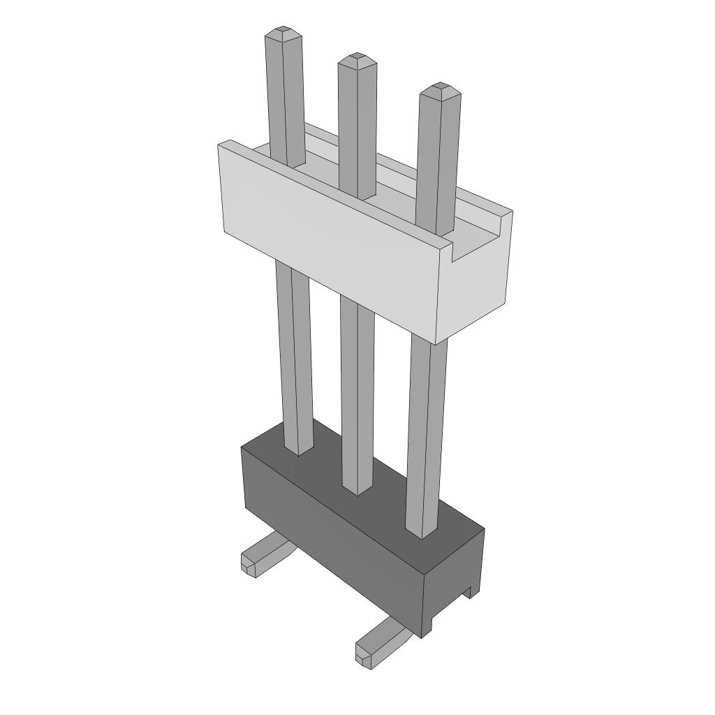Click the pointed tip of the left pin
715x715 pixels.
click(283, 31)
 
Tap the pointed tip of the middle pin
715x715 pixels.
click(357, 56)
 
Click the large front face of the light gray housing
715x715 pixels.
click(328, 237)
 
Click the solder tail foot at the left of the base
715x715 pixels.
click(262, 555)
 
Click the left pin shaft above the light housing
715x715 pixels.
click(285, 98)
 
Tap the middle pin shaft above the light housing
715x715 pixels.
click(357, 126)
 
